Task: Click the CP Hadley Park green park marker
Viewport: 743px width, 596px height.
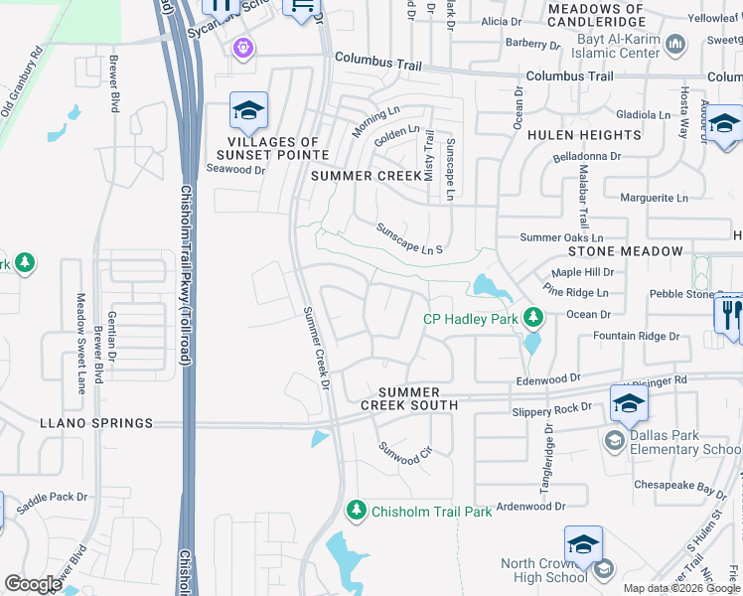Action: tap(534, 318)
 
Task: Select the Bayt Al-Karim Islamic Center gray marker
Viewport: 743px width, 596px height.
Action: tap(675, 43)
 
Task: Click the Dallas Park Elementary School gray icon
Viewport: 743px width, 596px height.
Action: tap(614, 441)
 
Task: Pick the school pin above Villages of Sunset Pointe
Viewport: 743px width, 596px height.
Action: tap(248, 110)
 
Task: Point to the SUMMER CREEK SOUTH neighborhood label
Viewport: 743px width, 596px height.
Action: tap(408, 398)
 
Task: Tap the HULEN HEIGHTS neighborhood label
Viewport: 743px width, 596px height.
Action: tap(584, 135)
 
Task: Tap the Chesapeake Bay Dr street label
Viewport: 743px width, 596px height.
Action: tap(684, 490)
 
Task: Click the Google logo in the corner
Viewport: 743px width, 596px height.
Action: tap(34, 584)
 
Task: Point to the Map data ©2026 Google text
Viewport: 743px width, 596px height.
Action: tap(680, 588)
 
